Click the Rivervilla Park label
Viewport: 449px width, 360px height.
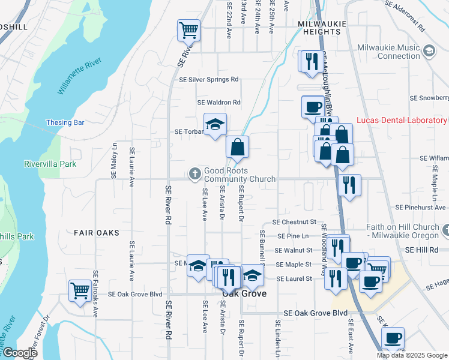pyautogui.click(x=50, y=164)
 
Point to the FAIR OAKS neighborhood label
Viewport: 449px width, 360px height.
pyautogui.click(x=96, y=232)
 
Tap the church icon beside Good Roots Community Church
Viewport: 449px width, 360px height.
pyautogui.click(x=194, y=174)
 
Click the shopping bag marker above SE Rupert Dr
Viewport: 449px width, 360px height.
pyautogui.click(x=238, y=146)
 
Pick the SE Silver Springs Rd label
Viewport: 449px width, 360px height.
pyautogui.click(x=209, y=79)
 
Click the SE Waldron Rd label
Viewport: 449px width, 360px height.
pyautogui.click(x=219, y=103)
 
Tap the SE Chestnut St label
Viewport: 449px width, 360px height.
pyautogui.click(x=294, y=222)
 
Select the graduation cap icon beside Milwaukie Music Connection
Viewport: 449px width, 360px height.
pyautogui.click(x=429, y=52)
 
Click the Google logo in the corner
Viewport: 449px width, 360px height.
pyautogui.click(x=19, y=352)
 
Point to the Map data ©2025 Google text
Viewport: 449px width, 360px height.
pyautogui.click(x=412, y=355)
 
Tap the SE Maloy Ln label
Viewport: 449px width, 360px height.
pyautogui.click(x=113, y=161)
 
